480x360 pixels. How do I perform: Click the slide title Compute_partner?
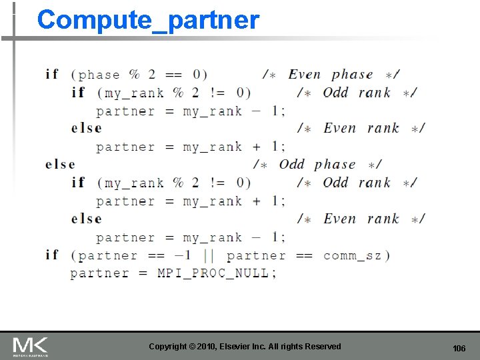(148, 20)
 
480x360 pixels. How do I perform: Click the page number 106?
(459, 349)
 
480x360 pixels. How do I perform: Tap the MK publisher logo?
(30, 347)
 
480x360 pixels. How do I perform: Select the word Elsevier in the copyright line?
(226, 346)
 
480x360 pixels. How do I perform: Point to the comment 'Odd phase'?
(317, 164)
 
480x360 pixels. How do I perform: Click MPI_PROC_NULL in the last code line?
(213, 273)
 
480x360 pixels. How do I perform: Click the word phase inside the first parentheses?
(99, 75)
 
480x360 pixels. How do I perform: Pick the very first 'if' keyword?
(52, 74)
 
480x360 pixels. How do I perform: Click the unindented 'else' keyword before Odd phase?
(60, 164)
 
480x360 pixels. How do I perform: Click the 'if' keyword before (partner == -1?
(52, 255)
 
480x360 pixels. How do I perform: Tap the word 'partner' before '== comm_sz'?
(256, 255)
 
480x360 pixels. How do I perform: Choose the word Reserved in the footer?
(323, 346)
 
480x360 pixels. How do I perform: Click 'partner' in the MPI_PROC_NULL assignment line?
(99, 273)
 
